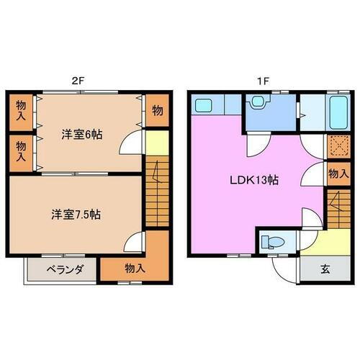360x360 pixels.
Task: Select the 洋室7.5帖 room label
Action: (x=75, y=214)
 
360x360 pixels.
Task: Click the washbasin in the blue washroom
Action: (x=256, y=104)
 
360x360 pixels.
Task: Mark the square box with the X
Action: (x=337, y=145)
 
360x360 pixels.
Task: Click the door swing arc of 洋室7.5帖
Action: (x=136, y=243)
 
